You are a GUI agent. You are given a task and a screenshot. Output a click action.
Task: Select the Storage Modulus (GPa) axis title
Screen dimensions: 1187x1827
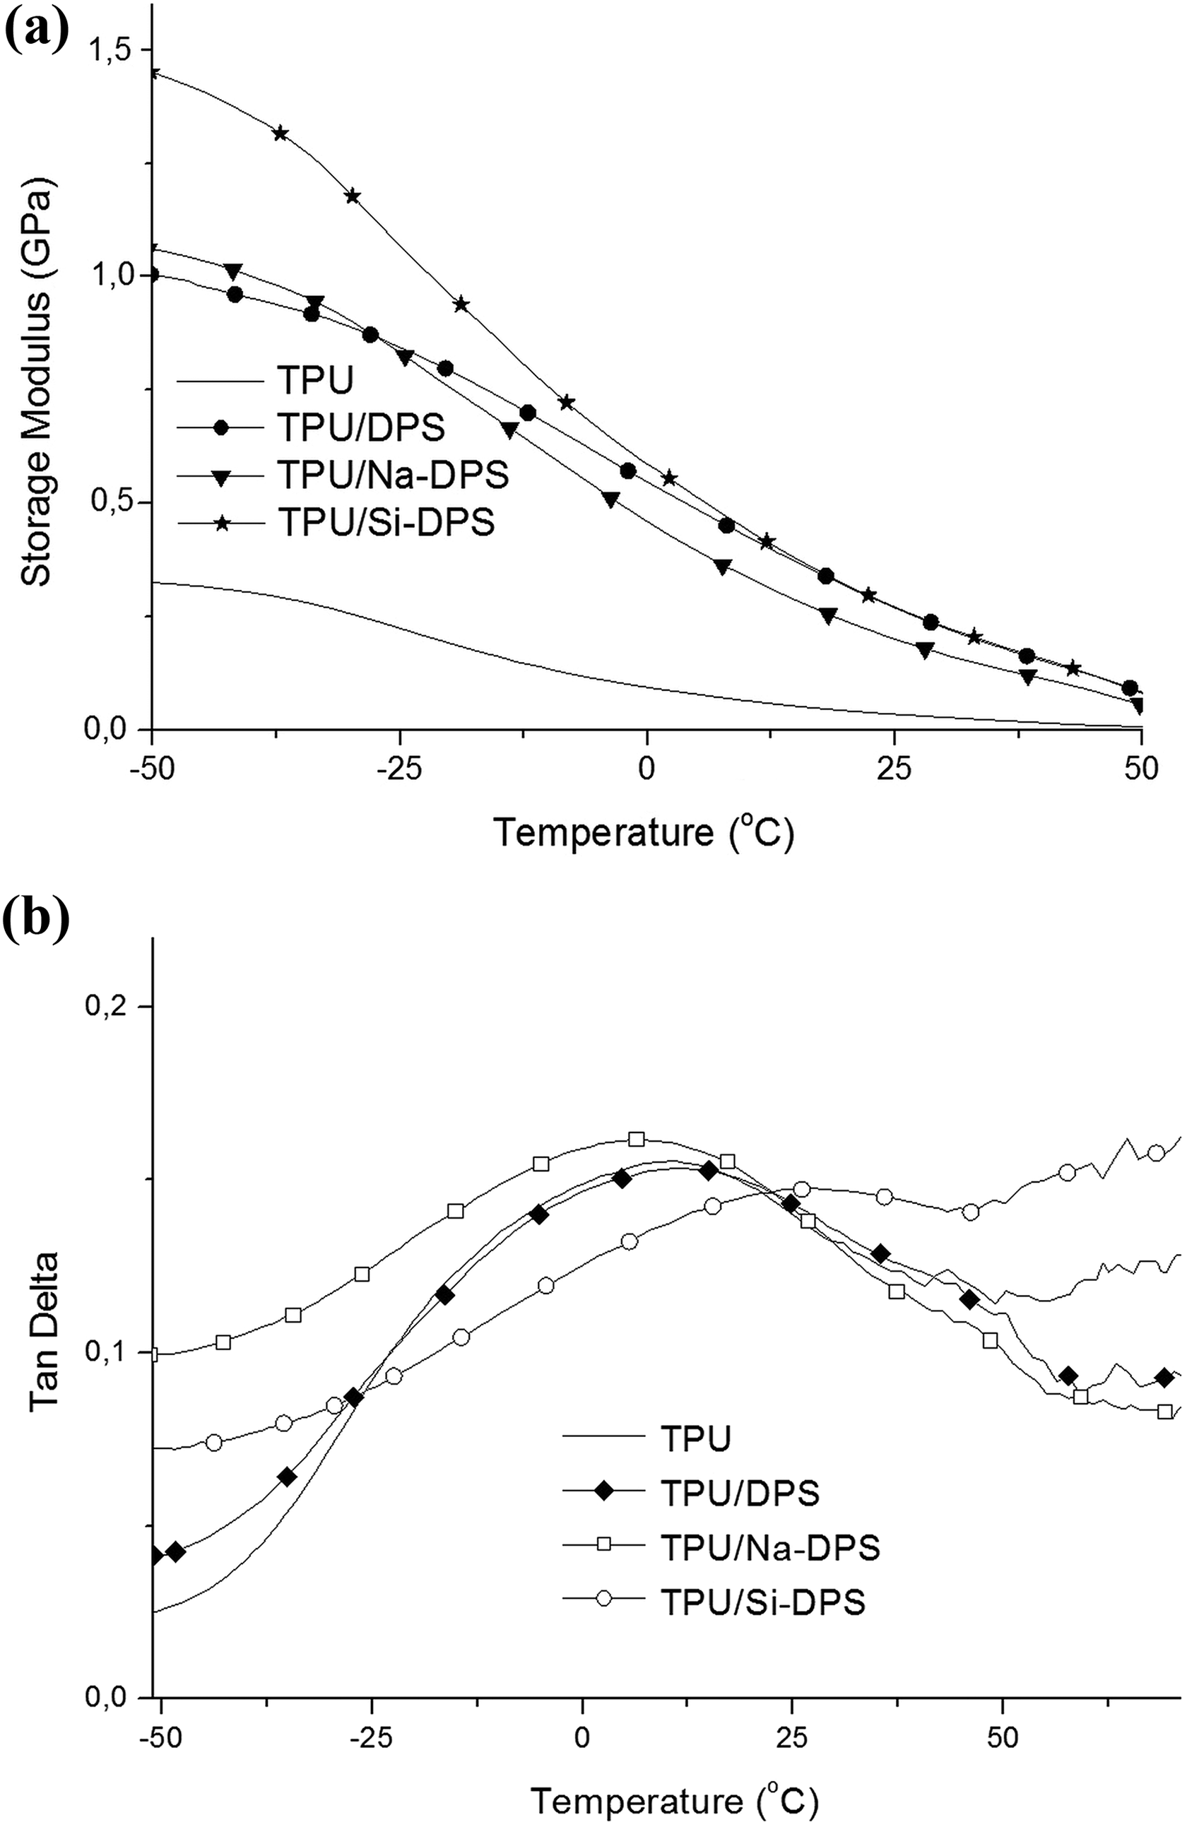pyautogui.click(x=35, y=382)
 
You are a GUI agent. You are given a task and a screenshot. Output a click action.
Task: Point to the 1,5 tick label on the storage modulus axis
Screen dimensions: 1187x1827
pyautogui.click(x=110, y=50)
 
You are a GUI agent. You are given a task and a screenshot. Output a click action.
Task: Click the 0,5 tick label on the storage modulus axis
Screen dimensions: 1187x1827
pyautogui.click(x=110, y=503)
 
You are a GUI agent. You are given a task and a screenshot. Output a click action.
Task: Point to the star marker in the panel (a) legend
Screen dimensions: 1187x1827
pyautogui.click(x=222, y=523)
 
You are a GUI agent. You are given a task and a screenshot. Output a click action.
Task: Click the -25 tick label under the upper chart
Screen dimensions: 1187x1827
pyautogui.click(x=400, y=769)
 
